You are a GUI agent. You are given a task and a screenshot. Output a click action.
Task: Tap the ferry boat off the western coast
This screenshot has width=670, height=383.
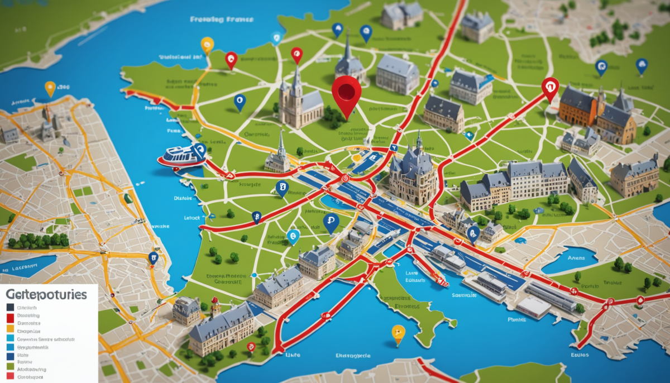point(178,156)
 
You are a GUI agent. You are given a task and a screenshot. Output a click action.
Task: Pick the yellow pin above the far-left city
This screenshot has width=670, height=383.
point(50,88)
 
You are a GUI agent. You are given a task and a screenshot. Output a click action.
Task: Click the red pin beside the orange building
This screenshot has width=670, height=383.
point(550,87)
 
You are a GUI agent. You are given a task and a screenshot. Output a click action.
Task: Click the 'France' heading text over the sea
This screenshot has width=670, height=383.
point(222,19)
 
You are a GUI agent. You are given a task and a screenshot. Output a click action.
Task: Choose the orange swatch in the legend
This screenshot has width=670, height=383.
point(11,331)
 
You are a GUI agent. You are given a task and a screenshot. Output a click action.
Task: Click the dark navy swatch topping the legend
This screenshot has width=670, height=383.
point(11,307)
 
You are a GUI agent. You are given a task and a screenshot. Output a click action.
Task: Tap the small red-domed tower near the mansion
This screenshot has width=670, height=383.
point(213,306)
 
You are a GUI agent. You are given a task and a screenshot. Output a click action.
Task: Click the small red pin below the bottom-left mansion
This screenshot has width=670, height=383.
point(251,347)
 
